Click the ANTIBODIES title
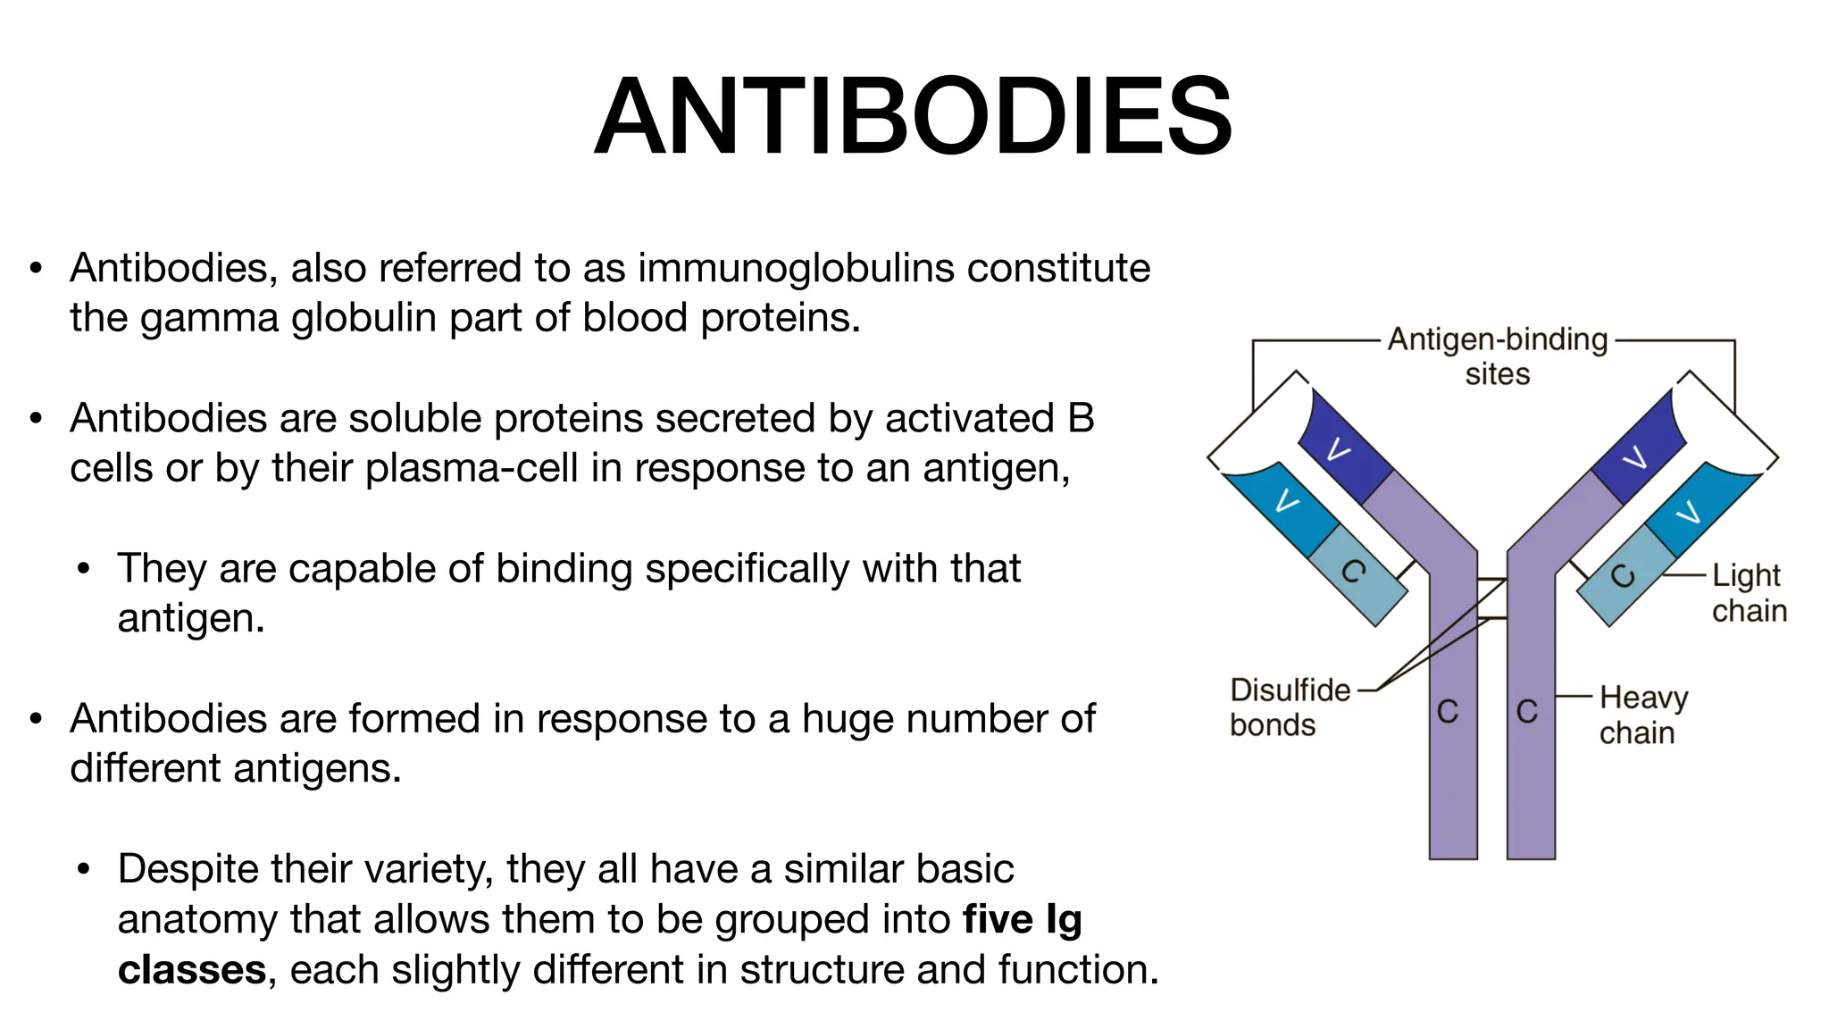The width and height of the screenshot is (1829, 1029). pos(913,117)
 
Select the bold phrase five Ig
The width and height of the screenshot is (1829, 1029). pos(1022,919)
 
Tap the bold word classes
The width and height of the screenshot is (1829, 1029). pos(192,970)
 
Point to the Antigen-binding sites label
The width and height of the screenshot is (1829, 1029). pos(1498,356)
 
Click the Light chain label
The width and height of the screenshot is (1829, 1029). pos(1748,592)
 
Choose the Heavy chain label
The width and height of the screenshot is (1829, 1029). pos(1642,715)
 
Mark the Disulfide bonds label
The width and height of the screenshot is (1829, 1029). pos(1289,707)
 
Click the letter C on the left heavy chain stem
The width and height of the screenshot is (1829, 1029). pos(1448,711)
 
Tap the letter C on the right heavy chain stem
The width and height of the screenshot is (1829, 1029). pos(1527,711)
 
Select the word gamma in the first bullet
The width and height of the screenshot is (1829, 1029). pos(209,318)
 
